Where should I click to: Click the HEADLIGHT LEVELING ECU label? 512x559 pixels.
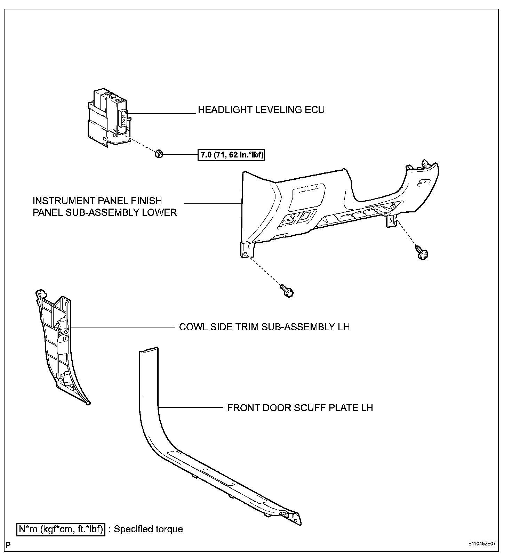pyautogui.click(x=261, y=110)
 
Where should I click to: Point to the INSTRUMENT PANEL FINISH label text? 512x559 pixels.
pyautogui.click(x=97, y=201)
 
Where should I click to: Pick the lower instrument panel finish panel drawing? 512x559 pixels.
pyautogui.click(x=334, y=205)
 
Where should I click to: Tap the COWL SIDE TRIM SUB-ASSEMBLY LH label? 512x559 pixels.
pyautogui.click(x=264, y=327)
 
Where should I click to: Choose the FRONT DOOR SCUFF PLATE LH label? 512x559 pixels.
pyautogui.click(x=300, y=408)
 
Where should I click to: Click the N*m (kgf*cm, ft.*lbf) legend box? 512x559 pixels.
pyautogui.click(x=61, y=529)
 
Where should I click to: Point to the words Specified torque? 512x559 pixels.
pyautogui.click(x=148, y=529)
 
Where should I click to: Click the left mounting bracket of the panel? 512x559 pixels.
pyautogui.click(x=248, y=250)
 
